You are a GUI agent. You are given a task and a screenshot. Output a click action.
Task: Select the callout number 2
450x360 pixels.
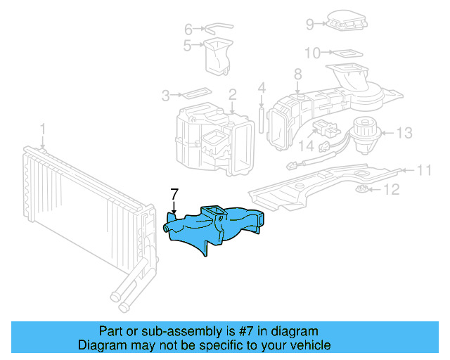232,94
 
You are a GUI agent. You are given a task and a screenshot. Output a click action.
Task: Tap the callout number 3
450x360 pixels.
166,95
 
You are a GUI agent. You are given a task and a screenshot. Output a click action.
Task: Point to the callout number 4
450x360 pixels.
261,89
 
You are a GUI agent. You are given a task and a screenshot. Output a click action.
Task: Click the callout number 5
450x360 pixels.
188,46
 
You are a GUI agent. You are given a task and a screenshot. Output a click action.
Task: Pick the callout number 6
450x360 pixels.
188,30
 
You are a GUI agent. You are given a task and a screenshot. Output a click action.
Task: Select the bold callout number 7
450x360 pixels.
175,193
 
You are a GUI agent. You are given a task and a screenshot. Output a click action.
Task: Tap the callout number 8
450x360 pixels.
297,74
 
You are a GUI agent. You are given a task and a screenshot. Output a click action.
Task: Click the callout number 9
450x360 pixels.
310,24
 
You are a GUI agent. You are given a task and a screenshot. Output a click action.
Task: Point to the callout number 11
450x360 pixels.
423,170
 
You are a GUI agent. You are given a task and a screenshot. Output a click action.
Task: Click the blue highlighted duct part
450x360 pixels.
211,229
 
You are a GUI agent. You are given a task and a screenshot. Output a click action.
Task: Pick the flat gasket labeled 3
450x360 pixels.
194,93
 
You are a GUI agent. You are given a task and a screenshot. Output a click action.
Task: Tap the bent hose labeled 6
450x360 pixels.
217,28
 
